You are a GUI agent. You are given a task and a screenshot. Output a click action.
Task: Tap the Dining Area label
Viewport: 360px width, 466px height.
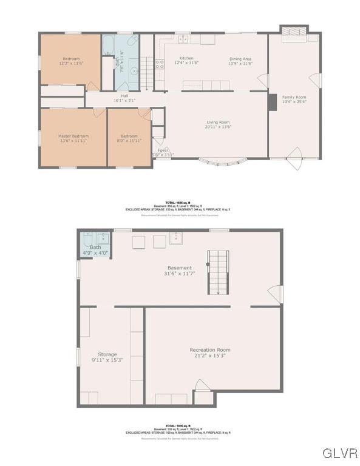click(240, 60)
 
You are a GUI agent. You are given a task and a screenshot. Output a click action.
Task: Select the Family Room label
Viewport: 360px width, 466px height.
click(294, 100)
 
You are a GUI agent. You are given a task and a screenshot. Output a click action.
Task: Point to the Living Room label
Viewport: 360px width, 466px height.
click(219, 124)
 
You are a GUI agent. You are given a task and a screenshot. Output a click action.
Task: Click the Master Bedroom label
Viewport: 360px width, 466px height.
click(73, 138)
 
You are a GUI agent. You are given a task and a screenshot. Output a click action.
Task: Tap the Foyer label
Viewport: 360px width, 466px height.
click(163, 152)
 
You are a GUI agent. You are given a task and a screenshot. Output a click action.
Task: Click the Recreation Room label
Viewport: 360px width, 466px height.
click(210, 353)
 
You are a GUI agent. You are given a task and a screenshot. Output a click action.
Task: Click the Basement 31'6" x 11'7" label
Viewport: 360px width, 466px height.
click(180, 270)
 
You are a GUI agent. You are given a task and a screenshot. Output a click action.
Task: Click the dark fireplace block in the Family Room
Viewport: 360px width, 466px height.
click(272, 101)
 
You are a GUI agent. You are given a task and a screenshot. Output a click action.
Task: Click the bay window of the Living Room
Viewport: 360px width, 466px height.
click(223, 161)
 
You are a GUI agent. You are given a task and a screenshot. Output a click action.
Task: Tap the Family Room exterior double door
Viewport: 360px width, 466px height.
click(293, 162)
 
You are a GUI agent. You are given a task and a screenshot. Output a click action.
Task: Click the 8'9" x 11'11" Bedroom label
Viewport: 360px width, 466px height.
click(129, 138)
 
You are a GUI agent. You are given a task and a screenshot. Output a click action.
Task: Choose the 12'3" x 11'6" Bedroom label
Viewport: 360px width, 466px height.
click(70, 60)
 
